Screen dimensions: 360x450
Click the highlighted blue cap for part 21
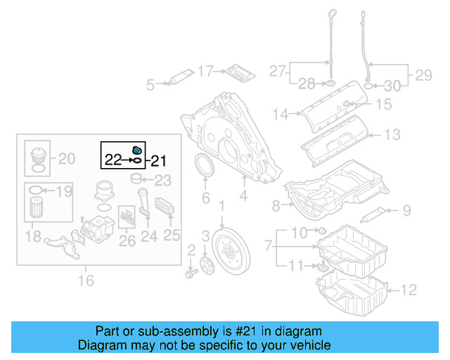coord(136,149)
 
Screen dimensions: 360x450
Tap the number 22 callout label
coord(112,160)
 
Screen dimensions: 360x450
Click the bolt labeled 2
coord(191,270)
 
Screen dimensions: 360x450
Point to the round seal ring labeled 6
coord(205,169)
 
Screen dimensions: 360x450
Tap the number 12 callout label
coord(409,288)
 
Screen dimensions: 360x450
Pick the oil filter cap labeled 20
coord(37,155)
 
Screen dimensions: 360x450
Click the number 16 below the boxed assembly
coord(85,282)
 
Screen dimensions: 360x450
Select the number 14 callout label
coord(281,113)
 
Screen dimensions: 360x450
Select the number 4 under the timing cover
coord(243,198)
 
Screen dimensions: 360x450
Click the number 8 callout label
coord(276,205)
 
